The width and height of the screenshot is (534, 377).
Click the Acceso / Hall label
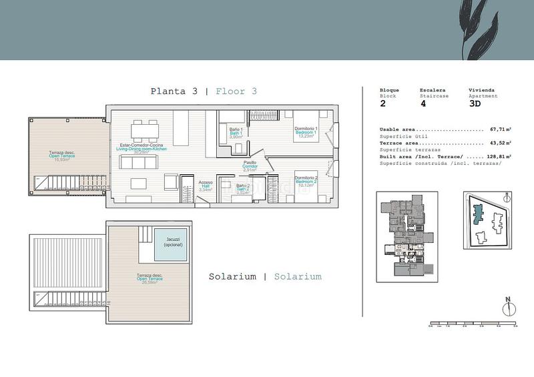(x=206, y=186)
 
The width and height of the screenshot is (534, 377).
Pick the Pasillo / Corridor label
(x=250, y=166)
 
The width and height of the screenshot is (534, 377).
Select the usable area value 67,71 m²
(x=500, y=129)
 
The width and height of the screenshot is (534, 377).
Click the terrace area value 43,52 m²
(x=500, y=143)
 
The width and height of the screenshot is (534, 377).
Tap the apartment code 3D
(x=475, y=104)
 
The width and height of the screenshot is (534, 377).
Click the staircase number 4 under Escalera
(x=423, y=104)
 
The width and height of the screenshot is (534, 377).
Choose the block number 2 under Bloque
(x=383, y=104)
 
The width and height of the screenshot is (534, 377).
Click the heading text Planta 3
(x=174, y=91)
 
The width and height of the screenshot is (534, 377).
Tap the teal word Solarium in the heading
(x=297, y=276)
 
